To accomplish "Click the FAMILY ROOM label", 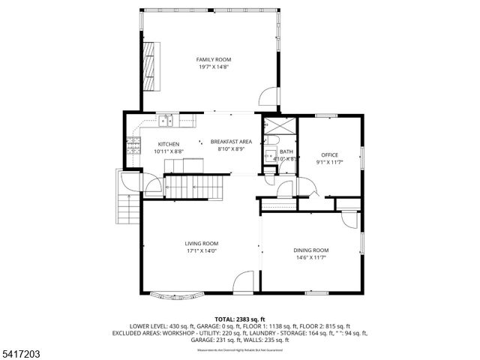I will click(214, 59).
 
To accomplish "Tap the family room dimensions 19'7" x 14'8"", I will click(214, 67).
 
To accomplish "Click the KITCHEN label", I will click(168, 144).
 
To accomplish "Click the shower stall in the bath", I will click(272, 125).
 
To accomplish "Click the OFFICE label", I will click(330, 154).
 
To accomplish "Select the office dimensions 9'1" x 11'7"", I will click(330, 162).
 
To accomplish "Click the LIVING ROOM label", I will click(202, 243).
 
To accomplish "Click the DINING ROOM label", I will click(310, 250).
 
